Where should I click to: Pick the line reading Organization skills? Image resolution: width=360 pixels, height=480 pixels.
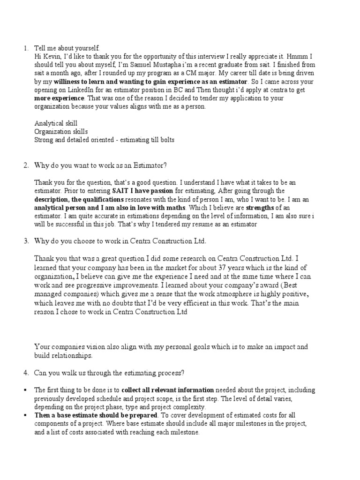click(61, 132)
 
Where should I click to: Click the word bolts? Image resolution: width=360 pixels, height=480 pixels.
click(165, 140)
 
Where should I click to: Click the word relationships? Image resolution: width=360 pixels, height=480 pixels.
click(73, 356)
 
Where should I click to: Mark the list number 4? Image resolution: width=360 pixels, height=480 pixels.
click(26, 373)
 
